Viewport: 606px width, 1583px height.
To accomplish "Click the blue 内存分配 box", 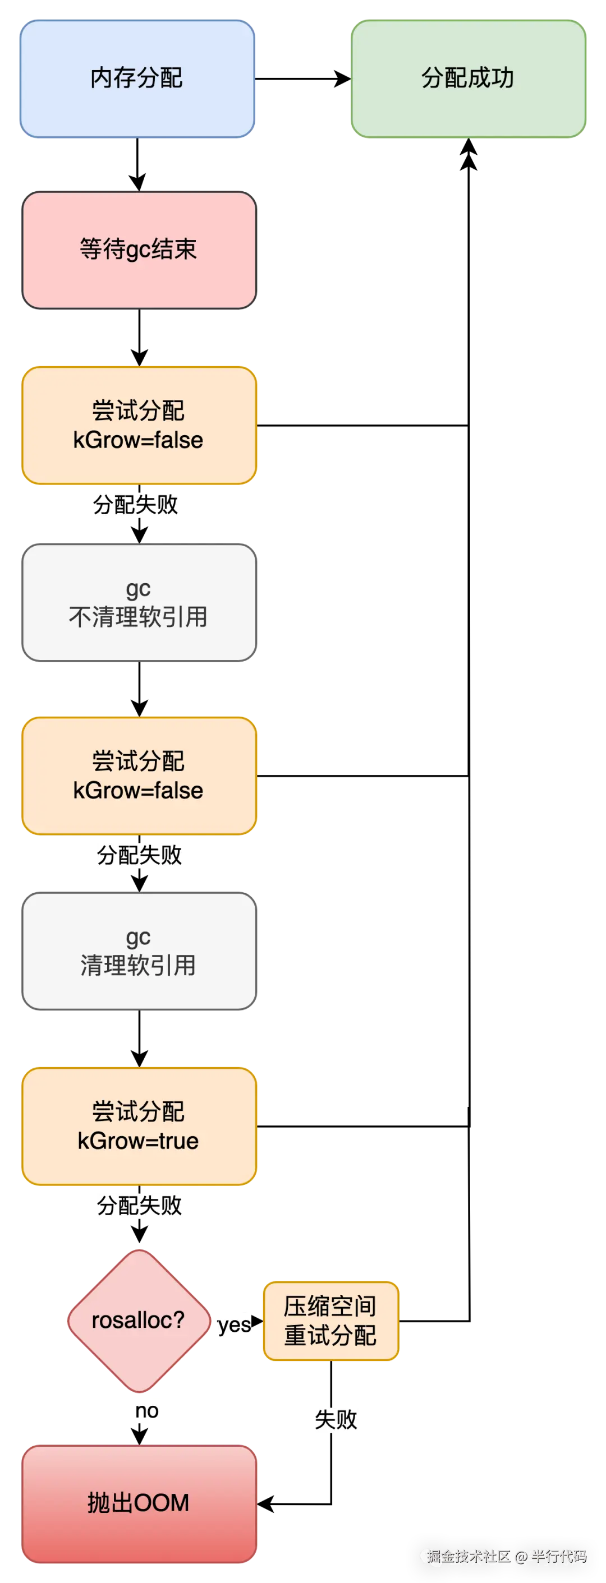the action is [137, 78].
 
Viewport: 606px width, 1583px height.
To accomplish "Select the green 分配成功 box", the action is [469, 78].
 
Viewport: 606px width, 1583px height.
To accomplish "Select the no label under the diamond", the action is [146, 1411].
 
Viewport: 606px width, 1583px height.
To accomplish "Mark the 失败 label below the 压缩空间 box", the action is [336, 1419].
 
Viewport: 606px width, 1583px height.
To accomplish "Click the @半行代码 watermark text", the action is [550, 1557].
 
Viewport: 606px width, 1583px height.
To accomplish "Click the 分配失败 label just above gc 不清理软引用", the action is [135, 505].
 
